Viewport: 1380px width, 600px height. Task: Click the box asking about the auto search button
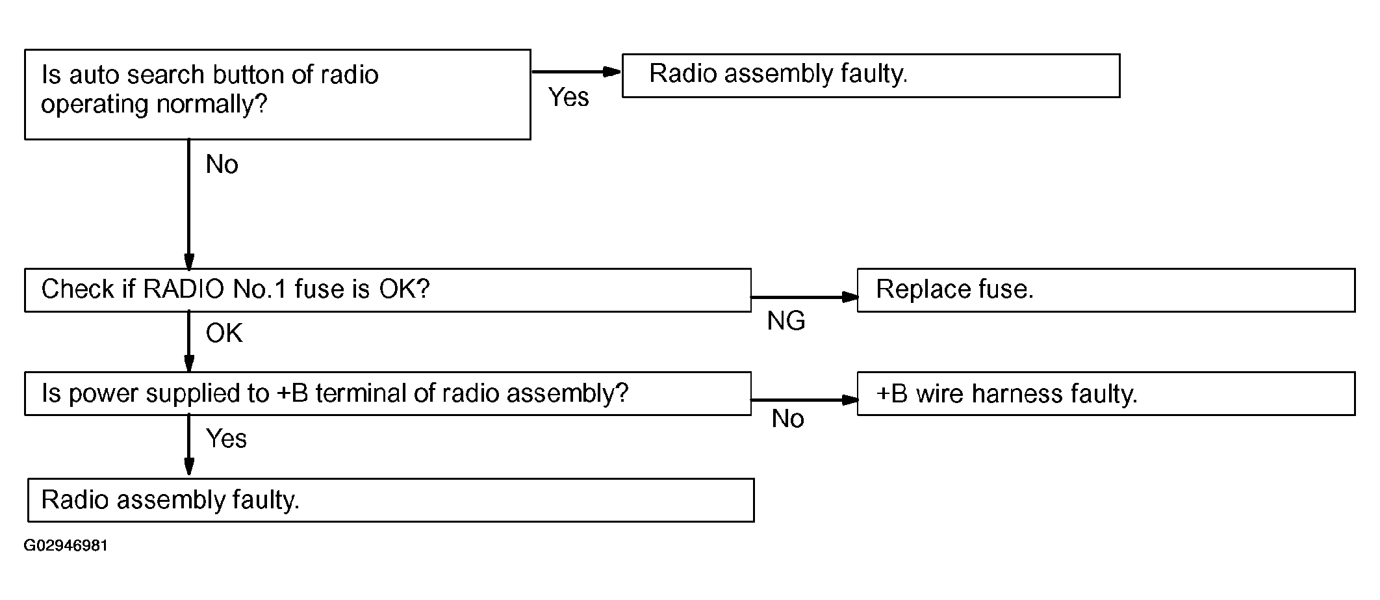[x=277, y=94]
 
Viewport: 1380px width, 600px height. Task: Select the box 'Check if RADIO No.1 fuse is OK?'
[x=388, y=290]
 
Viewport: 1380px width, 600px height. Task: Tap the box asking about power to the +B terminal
[x=388, y=393]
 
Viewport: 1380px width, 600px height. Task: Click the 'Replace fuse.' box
[x=1106, y=290]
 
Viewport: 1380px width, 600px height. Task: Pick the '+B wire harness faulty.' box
[x=1106, y=393]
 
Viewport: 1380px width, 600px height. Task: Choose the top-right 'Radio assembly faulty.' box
[x=871, y=75]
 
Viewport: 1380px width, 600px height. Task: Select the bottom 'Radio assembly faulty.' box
[x=390, y=500]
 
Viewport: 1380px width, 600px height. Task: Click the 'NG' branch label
[x=786, y=320]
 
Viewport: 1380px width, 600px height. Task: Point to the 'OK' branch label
[x=224, y=333]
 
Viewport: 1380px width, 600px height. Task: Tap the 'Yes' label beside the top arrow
[x=569, y=97]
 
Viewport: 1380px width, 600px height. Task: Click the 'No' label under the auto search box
[x=222, y=164]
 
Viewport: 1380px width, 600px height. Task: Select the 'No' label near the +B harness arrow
[x=788, y=419]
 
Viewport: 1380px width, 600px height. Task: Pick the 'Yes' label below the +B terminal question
[x=226, y=439]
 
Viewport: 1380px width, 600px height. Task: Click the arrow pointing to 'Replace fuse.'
[x=804, y=297]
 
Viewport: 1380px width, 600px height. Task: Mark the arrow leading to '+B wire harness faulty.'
[x=804, y=400]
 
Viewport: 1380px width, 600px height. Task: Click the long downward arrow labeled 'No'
[x=189, y=204]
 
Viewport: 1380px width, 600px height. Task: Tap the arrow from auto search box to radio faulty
[x=577, y=72]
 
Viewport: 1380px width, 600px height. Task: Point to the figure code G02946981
[x=66, y=545]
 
